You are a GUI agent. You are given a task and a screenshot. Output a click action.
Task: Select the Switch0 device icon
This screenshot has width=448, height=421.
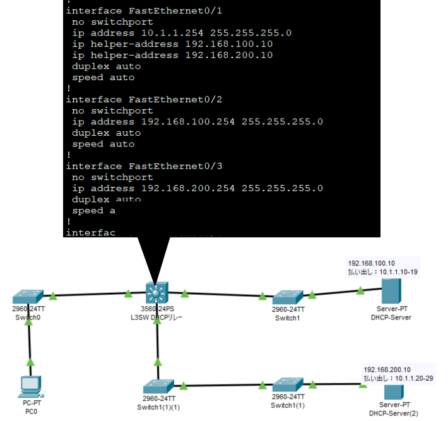[x=28, y=296]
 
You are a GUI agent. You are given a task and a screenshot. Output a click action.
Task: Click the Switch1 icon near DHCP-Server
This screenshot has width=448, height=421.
[x=288, y=297]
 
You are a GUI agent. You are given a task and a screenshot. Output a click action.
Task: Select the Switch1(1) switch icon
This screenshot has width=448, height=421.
[x=288, y=386]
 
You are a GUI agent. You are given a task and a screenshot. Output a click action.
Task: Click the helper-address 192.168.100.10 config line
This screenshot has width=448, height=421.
[x=172, y=44]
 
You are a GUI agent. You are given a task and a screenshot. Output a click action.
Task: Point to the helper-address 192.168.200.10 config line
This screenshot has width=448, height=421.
[x=172, y=55]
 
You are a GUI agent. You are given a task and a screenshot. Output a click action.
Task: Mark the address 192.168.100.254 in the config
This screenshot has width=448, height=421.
[x=188, y=122]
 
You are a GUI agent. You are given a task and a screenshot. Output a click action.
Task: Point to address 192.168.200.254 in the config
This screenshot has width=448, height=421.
[x=188, y=188]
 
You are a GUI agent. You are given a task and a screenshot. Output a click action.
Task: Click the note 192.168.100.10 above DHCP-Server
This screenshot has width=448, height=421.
[x=372, y=263]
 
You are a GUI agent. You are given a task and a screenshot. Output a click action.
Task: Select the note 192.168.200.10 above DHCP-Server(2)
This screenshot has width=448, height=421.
[x=387, y=369]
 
